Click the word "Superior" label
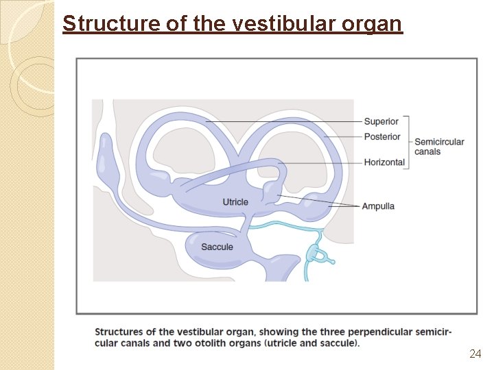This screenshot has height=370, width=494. point(381,122)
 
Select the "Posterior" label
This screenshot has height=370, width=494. point(382,136)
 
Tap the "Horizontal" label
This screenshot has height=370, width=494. point(384,162)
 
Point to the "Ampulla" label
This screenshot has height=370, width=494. point(378,206)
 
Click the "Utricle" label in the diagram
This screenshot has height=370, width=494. point(235,201)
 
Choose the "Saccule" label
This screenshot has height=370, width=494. point(217,247)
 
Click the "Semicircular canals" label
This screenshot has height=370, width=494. point(439,147)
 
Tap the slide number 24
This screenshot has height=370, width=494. point(475,354)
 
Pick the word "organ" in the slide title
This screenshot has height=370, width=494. point(376,24)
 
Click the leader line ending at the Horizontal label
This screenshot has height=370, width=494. point(322,163)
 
